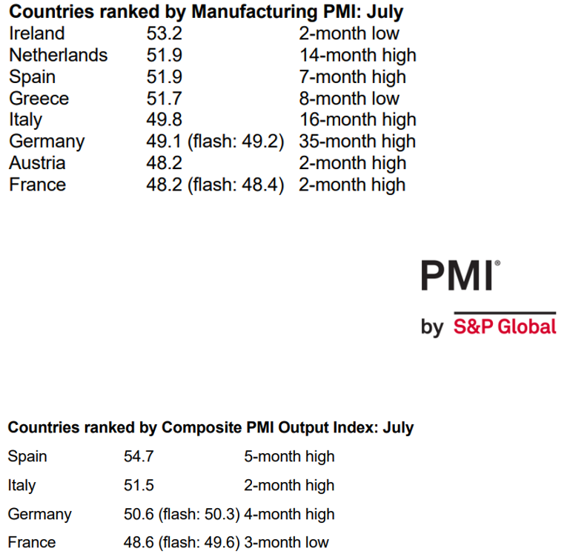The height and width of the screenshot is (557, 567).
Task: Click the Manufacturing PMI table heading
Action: (x=206, y=13)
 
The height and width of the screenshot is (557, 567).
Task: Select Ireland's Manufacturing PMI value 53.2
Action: (x=164, y=34)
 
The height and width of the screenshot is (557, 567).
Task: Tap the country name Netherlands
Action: (x=58, y=56)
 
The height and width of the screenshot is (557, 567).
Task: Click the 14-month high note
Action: (x=357, y=56)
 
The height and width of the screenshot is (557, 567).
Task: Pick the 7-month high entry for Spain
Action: (x=352, y=77)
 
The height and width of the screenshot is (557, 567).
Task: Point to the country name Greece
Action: (x=39, y=99)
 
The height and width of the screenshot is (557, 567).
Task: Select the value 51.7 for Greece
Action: (x=164, y=99)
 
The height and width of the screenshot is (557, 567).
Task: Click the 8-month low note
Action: (x=348, y=99)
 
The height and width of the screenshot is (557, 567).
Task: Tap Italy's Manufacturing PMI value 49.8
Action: (x=164, y=120)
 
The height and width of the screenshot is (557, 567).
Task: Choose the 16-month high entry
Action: (x=357, y=120)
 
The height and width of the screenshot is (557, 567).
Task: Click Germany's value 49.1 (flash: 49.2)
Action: (x=215, y=142)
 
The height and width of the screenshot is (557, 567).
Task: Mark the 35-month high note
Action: (x=357, y=142)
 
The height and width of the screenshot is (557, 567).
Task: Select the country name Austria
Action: (x=37, y=163)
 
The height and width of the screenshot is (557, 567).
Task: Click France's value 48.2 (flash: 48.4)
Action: (x=215, y=185)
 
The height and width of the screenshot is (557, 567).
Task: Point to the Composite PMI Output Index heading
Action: (x=210, y=428)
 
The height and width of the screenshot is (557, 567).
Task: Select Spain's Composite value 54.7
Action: (x=139, y=457)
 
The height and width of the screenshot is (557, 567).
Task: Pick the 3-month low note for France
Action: (x=286, y=543)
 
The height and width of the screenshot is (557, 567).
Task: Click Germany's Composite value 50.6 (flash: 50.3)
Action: (x=182, y=514)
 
